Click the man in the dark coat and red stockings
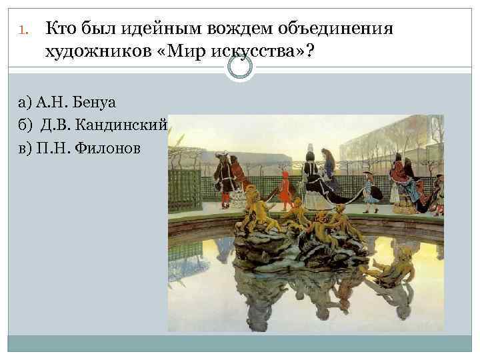tap(224, 177)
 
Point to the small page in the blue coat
tap(367, 187)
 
